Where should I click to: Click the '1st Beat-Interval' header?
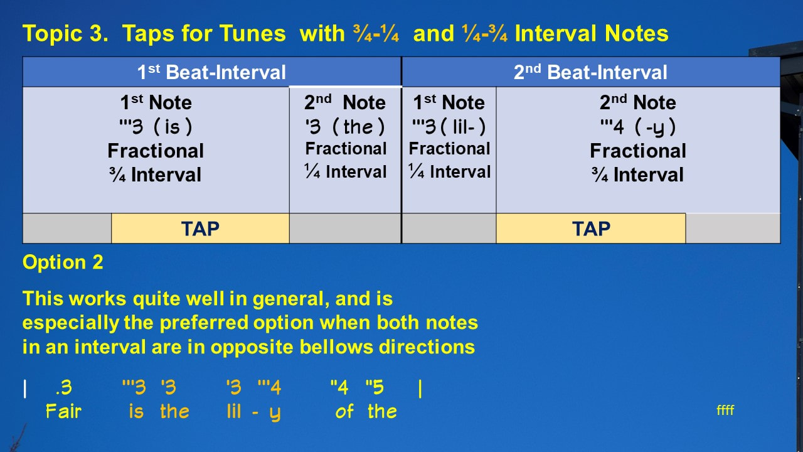click(x=211, y=72)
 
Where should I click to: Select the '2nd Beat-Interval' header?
click(x=590, y=72)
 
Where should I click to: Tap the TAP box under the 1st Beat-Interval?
click(x=200, y=229)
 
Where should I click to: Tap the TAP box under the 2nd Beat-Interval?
click(x=591, y=229)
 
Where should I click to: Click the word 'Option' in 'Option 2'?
click(x=54, y=262)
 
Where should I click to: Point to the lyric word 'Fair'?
click(x=63, y=411)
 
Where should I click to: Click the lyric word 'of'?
click(x=344, y=411)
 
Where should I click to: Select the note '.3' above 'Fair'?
click(x=64, y=388)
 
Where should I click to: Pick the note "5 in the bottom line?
click(x=375, y=387)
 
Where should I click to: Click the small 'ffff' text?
click(x=725, y=410)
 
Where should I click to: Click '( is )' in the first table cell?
click(x=173, y=127)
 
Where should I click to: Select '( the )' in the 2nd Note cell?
click(x=358, y=127)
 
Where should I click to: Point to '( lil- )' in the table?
click(x=463, y=127)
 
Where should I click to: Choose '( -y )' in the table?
click(x=655, y=127)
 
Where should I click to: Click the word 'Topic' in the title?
click(x=53, y=34)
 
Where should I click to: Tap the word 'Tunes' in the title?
click(x=252, y=34)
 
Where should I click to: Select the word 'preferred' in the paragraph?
click(x=204, y=323)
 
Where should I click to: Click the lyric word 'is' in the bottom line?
click(x=136, y=411)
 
